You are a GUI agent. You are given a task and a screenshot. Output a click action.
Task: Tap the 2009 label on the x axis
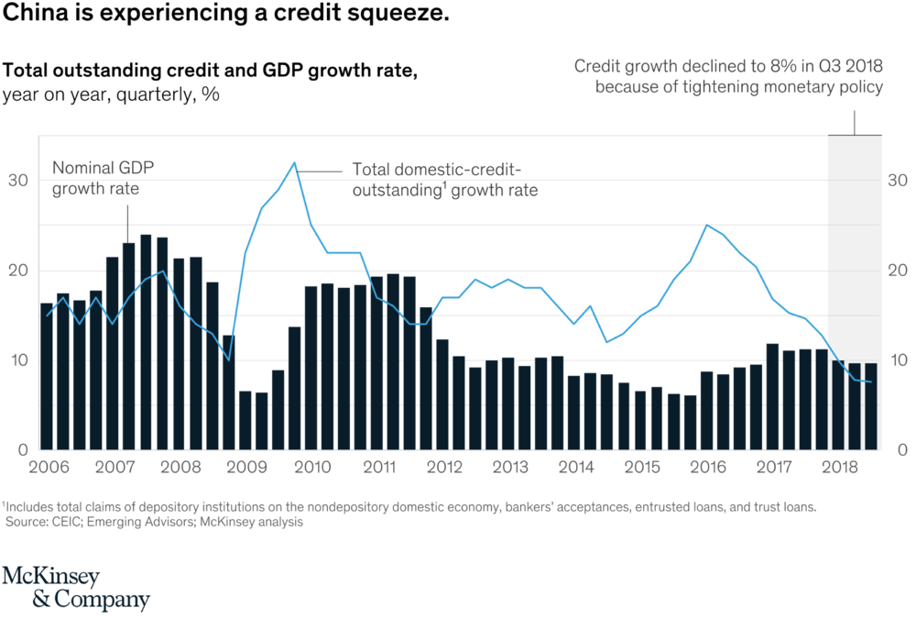point(245,467)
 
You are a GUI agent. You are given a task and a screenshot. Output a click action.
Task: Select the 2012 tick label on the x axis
point(442,467)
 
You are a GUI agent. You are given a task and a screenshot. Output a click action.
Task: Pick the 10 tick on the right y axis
point(897,360)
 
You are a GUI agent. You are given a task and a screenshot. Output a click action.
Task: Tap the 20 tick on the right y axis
point(897,271)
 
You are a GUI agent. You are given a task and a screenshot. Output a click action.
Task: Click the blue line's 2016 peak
point(706,225)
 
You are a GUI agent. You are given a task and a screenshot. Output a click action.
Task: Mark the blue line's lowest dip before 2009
point(228,359)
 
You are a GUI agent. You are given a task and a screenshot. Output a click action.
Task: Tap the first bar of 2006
point(47,376)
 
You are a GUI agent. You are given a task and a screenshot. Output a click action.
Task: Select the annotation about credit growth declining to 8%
point(728,77)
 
